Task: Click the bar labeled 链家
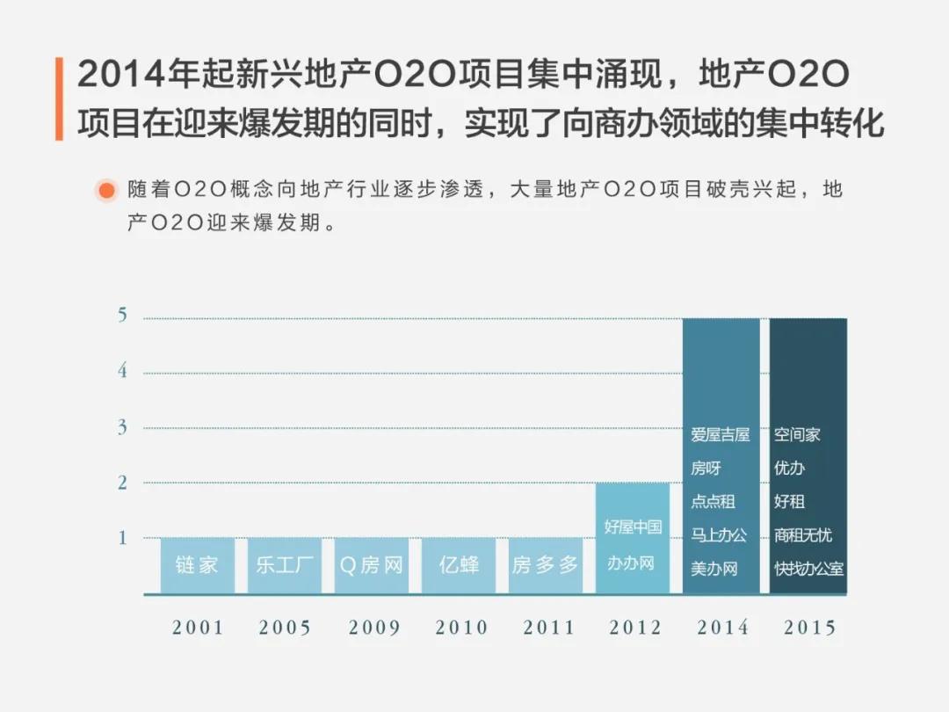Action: pyautogui.click(x=197, y=565)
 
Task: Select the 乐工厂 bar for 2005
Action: pyautogui.click(x=284, y=565)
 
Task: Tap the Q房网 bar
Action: pyautogui.click(x=371, y=565)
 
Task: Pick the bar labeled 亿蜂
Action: pyautogui.click(x=459, y=565)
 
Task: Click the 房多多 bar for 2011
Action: pyautogui.click(x=546, y=565)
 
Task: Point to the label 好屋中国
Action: pyautogui.click(x=633, y=527)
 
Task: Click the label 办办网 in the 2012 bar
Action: pyautogui.click(x=631, y=563)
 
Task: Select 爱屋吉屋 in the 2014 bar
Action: pyautogui.click(x=720, y=435)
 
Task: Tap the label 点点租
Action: pyautogui.click(x=713, y=502)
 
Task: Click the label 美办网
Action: pyautogui.click(x=714, y=569)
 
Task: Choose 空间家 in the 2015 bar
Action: pyautogui.click(x=797, y=435)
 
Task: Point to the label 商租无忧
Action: pyautogui.click(x=802, y=535)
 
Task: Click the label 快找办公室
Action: pyautogui.click(x=808, y=569)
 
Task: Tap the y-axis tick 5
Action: pyautogui.click(x=122, y=316)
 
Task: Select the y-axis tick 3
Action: pyautogui.click(x=122, y=428)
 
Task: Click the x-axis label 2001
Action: pyautogui.click(x=198, y=628)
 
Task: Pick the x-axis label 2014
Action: pyautogui.click(x=722, y=628)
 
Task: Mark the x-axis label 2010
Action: pyautogui.click(x=461, y=628)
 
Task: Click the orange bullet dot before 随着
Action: pyautogui.click(x=106, y=190)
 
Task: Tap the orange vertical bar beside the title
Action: pyautogui.click(x=59, y=98)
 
